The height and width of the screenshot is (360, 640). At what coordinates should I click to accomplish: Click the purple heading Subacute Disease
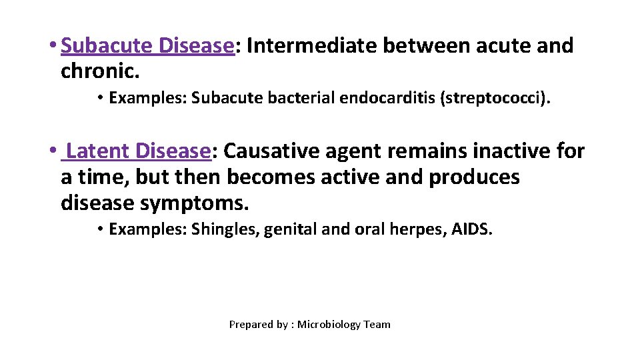pyautogui.click(x=147, y=46)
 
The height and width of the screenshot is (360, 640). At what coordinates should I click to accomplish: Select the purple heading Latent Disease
pyautogui.click(x=139, y=151)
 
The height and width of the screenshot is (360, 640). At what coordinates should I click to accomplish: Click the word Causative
pyautogui.click(x=271, y=151)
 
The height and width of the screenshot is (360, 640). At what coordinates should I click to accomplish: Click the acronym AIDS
pyautogui.click(x=471, y=230)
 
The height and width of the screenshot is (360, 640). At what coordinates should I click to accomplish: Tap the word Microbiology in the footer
pyautogui.click(x=329, y=325)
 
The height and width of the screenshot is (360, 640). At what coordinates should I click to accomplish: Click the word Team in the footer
pyautogui.click(x=377, y=325)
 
